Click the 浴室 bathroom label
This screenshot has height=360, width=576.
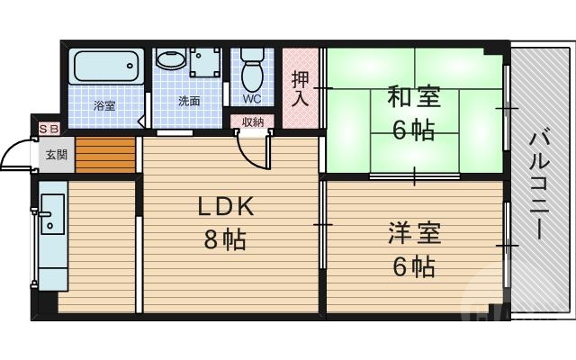[105, 105]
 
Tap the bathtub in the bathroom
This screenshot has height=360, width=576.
[106, 66]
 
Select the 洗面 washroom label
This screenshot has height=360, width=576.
[188, 102]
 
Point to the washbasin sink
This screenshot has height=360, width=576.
[169, 60]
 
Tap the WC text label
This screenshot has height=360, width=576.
[252, 98]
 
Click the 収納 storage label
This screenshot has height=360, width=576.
[253, 121]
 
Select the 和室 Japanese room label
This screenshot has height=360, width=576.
[413, 94]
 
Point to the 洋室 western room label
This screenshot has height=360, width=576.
[414, 233]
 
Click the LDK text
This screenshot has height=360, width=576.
[227, 206]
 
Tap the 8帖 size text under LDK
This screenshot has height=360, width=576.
[225, 240]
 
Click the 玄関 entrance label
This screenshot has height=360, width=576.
[56, 155]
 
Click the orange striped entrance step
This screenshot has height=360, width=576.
[104, 155]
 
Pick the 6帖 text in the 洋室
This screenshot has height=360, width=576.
[414, 267]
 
